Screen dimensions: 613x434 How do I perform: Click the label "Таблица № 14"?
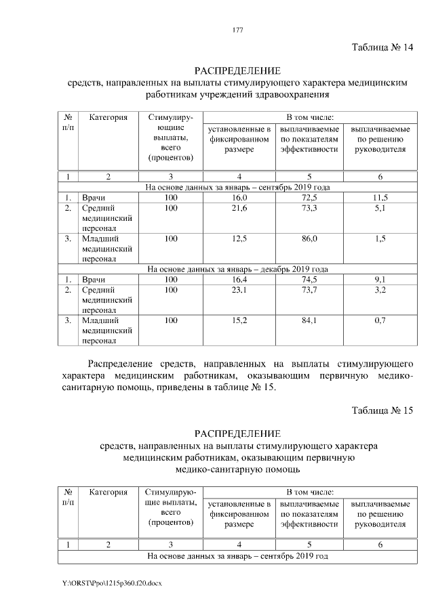pyautogui.click(x=382, y=47)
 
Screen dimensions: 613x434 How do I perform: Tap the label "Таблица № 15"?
pyautogui.click(x=382, y=411)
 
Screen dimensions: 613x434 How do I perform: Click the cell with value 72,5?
pyautogui.click(x=310, y=198)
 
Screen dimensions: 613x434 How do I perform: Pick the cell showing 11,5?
pyautogui.click(x=380, y=198)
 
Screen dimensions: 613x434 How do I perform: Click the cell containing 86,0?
pyautogui.click(x=310, y=239)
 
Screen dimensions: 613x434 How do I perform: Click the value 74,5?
pyautogui.click(x=310, y=280)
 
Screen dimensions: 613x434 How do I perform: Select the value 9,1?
pyautogui.click(x=380, y=280)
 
